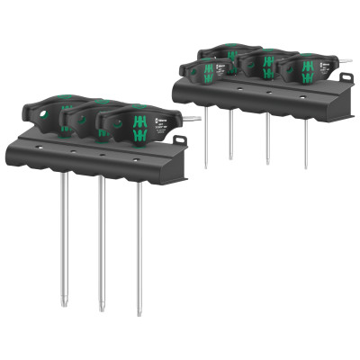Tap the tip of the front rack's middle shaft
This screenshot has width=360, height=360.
click(x=102, y=309)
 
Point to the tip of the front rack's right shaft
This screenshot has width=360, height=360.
click(x=140, y=313)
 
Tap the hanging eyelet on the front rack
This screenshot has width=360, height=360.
click(x=180, y=139)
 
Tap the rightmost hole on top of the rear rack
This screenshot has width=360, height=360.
click(x=302, y=94)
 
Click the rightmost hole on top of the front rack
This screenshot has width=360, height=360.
click(x=136, y=160)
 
